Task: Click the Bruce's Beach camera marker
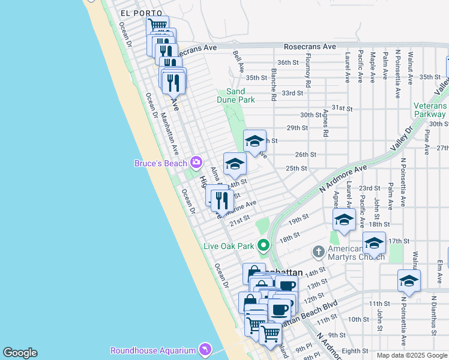196,163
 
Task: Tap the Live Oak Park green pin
263,245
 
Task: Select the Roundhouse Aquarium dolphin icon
205,350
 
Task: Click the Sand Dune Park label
236,95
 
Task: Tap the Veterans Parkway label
430,110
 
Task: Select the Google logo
20,353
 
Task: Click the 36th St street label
288,62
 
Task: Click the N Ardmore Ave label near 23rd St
343,179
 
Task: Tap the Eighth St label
355,350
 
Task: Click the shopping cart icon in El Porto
157,26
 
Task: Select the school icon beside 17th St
373,244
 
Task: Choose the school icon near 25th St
235,163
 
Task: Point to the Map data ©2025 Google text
412,355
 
